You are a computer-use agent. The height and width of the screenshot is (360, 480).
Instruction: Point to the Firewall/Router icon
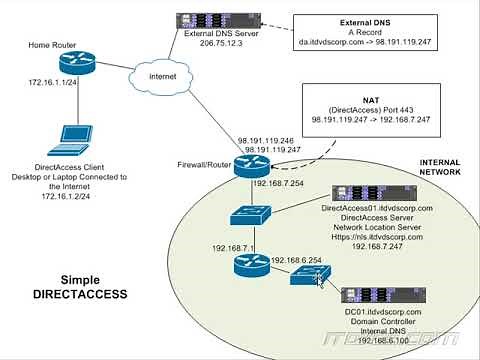click(x=247, y=168)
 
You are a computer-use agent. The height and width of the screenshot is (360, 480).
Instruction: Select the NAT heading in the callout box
click(x=363, y=97)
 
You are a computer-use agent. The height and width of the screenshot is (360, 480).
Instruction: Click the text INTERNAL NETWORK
click(x=439, y=166)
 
